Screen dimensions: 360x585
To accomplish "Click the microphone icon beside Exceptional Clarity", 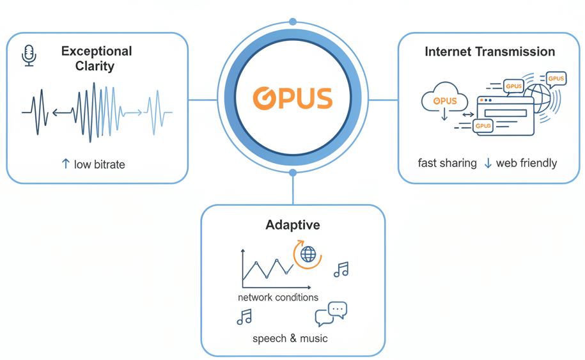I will (x=29, y=55).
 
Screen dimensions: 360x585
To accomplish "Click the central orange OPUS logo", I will (x=293, y=98).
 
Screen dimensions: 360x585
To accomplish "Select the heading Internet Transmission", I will (x=490, y=52).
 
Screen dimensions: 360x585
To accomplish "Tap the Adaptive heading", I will (x=293, y=225).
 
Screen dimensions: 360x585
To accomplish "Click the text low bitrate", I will (x=99, y=164).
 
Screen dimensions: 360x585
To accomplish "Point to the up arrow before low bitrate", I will (x=65, y=164).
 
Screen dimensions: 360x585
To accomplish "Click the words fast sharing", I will (x=447, y=163).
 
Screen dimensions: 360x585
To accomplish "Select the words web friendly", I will (x=527, y=163).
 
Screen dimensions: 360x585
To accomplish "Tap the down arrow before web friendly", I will (x=488, y=163).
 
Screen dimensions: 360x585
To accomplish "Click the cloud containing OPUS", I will (x=445, y=98).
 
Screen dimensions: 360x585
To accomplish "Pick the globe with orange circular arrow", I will (x=308, y=254).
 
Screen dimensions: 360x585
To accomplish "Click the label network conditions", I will (x=278, y=297).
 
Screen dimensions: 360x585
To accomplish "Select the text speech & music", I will (x=290, y=338).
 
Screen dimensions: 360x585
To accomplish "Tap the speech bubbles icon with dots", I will (x=331, y=313).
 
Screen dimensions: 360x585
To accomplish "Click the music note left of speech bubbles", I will (x=244, y=317).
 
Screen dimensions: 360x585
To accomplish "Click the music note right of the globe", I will (x=341, y=269).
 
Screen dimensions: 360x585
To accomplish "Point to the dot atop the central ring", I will (x=293, y=22).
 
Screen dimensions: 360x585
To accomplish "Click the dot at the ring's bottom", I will (x=293, y=173).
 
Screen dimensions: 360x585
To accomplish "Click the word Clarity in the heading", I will (x=97, y=65).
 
